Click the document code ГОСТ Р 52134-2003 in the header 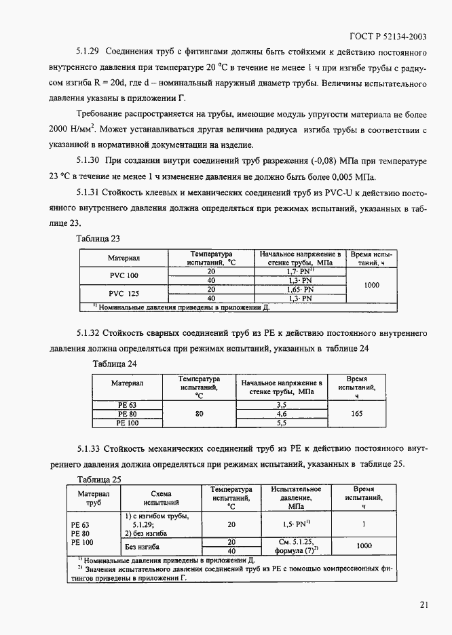point(387,37)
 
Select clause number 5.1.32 point(88,334)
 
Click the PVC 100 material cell point(123,275)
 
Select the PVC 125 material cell point(123,293)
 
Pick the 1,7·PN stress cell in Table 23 point(299,271)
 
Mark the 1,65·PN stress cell point(299,289)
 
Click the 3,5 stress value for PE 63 point(282,405)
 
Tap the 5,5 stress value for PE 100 point(282,423)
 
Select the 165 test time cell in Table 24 point(360,413)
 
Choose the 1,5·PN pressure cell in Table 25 point(296,524)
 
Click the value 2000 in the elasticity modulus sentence point(63,128)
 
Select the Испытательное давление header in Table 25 point(296,497)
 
